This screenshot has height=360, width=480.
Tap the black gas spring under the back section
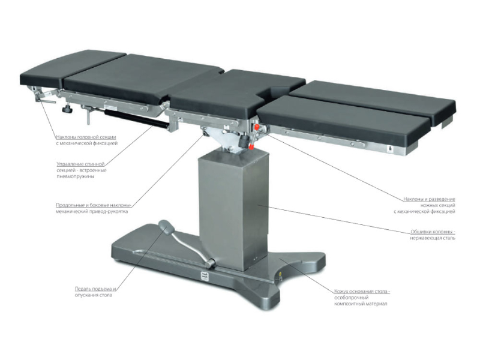pos(136,118)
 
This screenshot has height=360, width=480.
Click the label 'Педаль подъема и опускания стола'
pos(95,292)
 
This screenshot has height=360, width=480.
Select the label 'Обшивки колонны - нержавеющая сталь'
pos(433,235)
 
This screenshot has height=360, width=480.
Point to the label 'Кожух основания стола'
pos(362,291)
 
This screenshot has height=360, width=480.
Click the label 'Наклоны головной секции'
pos(86,137)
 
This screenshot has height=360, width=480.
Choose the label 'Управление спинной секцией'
pos(80,164)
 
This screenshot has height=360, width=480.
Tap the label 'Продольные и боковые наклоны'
pos(94,205)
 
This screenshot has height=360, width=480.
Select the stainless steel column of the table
pos(233,209)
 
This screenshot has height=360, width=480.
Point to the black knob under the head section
pos(66,109)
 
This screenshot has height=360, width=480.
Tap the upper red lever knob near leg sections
pos(257,126)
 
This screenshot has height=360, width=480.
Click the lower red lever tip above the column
pos(251,147)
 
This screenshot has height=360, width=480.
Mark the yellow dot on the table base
pos(280,274)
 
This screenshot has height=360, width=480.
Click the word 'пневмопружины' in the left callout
pos(76,176)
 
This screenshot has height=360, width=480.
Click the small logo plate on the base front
pos(205,276)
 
